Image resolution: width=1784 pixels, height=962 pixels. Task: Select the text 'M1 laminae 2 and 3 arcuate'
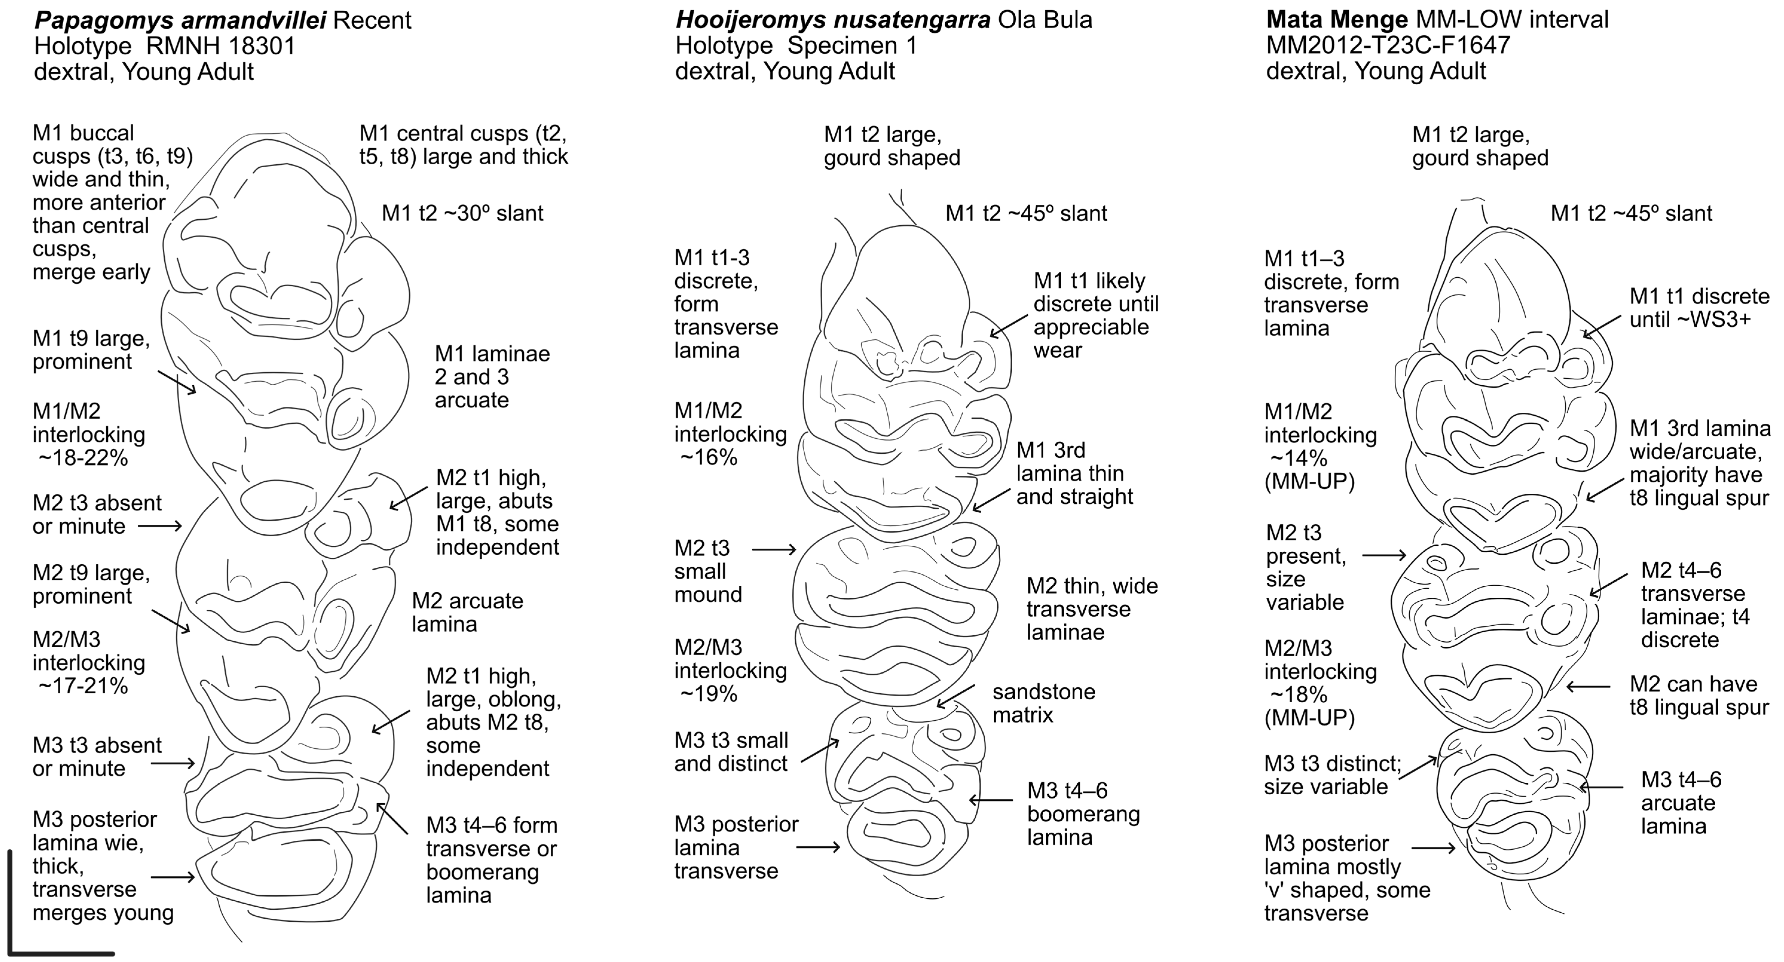pos(492,377)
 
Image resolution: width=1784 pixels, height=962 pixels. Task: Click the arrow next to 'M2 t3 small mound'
pos(774,550)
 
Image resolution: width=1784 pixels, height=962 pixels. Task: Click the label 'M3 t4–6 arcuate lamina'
pos(1681,803)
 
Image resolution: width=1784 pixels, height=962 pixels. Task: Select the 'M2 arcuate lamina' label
pos(467,612)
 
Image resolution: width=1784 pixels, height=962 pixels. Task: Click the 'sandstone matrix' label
pos(1044,703)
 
